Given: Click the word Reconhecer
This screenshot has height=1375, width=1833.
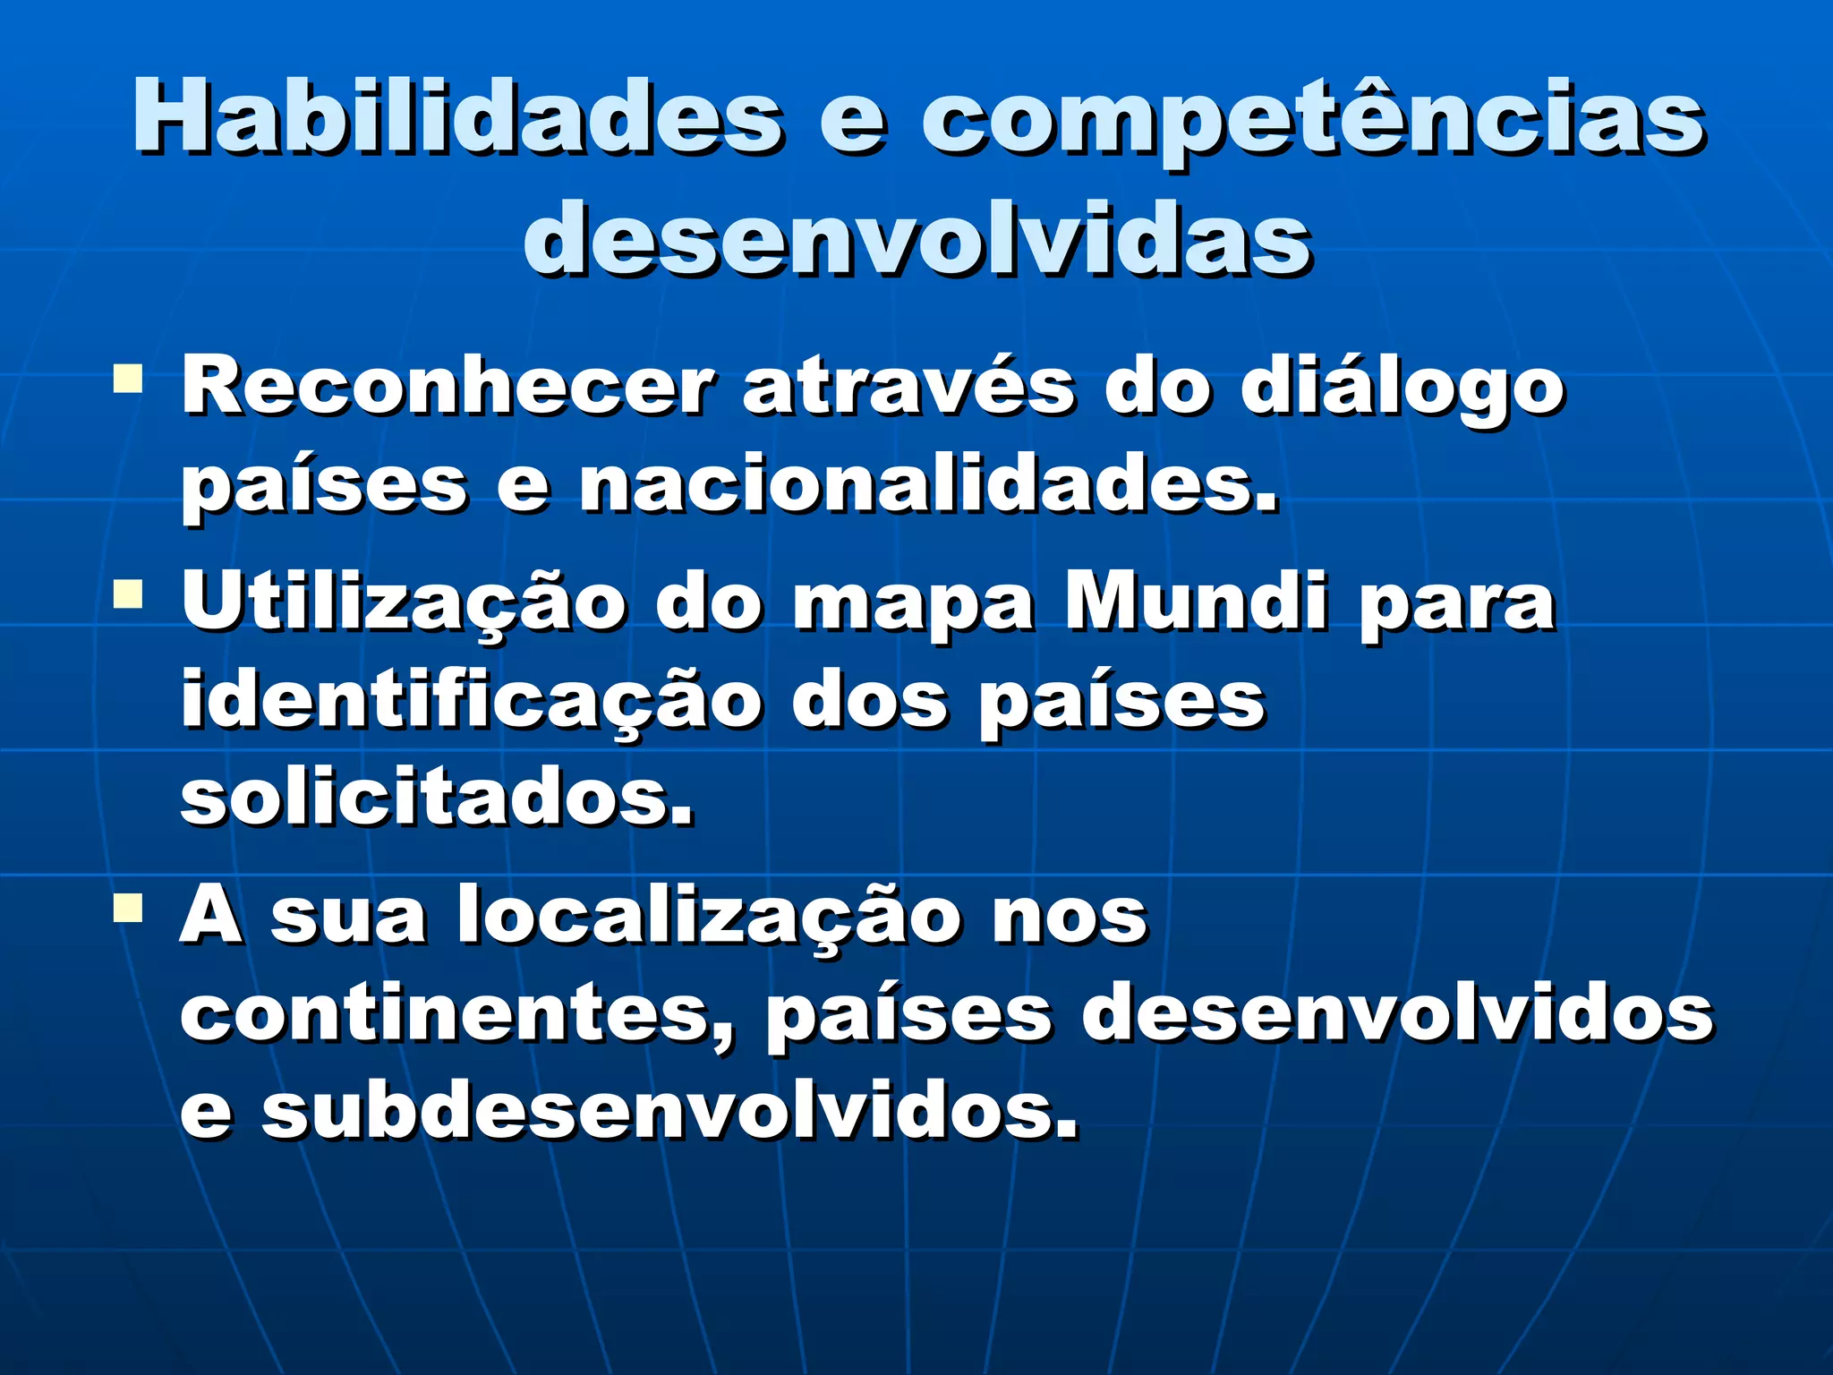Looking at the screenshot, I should (x=448, y=387).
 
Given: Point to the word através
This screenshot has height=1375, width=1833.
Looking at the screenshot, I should (x=908, y=387).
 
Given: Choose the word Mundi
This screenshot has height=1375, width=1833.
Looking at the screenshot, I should (x=1196, y=602).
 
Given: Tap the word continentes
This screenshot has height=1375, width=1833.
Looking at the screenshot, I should (x=456, y=1015).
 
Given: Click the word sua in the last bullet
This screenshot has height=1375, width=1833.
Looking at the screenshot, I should (x=348, y=917).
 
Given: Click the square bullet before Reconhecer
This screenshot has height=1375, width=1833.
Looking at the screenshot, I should (x=128, y=379).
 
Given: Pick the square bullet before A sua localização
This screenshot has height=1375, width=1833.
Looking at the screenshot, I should (x=128, y=908).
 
